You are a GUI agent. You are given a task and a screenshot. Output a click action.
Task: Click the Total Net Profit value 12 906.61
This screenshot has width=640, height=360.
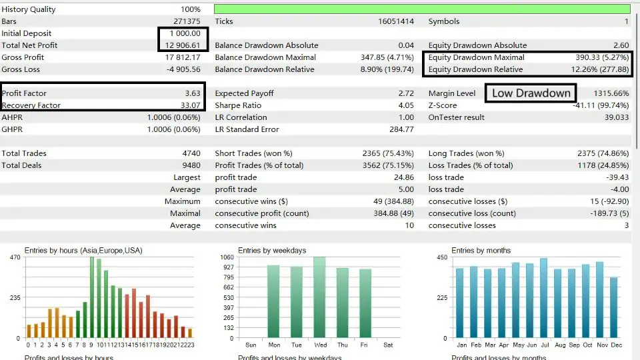tap(182, 45)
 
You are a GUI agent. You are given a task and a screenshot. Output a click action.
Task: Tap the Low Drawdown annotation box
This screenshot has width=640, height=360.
tap(531, 93)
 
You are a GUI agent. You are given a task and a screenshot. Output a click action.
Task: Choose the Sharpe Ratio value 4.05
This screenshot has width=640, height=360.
tap(405, 105)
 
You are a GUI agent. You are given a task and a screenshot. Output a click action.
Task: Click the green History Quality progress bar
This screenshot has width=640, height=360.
tap(422, 9)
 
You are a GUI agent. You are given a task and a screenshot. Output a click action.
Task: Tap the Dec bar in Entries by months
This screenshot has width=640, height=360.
tap(614, 308)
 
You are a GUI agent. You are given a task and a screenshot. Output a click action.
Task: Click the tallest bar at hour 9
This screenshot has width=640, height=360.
tap(92, 297)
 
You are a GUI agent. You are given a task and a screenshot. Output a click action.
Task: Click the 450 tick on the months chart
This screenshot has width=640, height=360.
tap(441, 257)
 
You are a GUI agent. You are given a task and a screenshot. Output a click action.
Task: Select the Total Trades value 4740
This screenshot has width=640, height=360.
tap(191, 153)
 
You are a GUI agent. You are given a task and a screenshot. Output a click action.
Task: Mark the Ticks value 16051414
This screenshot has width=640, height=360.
tap(396, 21)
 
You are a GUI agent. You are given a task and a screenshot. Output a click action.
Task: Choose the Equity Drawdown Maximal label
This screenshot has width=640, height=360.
tap(476, 57)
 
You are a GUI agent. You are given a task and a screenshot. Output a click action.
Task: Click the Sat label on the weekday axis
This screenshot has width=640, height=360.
tap(389, 345)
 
